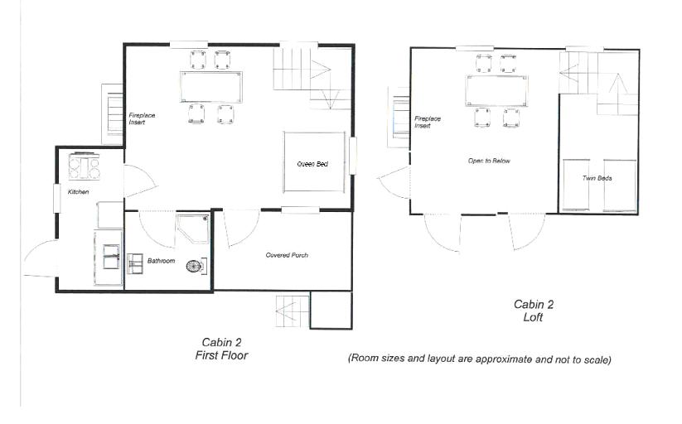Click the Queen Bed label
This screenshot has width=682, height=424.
312,164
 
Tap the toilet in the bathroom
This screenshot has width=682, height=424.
196,266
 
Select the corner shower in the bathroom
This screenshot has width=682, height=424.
192,229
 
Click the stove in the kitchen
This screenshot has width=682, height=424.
85,166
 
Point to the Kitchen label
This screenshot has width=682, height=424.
78,192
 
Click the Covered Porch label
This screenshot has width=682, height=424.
287,255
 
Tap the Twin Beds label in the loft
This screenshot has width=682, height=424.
597,178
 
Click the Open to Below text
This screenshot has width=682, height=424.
489,161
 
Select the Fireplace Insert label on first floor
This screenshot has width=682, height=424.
142,118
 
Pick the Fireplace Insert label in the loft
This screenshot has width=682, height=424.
427,122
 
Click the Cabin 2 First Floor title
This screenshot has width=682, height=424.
221,349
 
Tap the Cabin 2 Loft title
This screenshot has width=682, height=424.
533,311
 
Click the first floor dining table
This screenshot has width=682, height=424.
211,87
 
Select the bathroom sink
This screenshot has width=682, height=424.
135,264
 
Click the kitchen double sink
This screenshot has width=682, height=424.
111,257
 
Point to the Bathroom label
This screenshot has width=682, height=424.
161,261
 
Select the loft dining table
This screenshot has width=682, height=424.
496,91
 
